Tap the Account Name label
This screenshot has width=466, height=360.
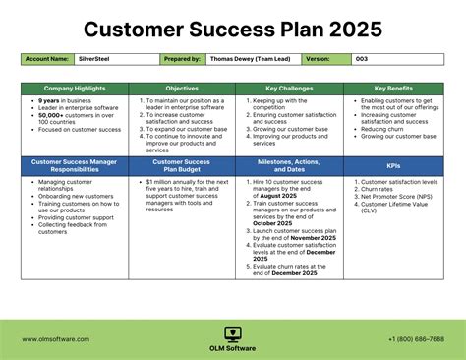click(47, 59)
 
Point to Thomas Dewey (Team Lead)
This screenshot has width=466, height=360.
click(255, 59)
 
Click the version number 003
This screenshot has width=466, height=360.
click(362, 59)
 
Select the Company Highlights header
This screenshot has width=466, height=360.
click(75, 89)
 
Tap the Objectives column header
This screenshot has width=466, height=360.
click(182, 89)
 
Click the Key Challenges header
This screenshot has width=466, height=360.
click(289, 89)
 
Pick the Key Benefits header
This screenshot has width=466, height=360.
click(393, 89)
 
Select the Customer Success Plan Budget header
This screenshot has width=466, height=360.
click(182, 164)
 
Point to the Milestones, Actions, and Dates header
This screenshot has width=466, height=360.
click(289, 164)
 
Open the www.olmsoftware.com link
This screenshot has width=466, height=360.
click(55, 339)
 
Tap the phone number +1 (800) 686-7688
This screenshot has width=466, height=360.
click(416, 339)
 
